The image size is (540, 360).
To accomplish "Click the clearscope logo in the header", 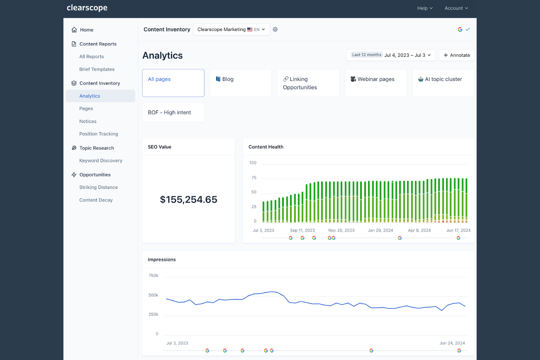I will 87,8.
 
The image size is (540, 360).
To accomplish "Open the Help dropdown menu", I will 425,8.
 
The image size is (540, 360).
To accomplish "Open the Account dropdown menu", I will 456,8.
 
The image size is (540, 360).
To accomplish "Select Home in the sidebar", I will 86,30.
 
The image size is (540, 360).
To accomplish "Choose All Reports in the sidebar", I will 92,57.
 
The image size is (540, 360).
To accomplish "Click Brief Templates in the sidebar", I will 97,69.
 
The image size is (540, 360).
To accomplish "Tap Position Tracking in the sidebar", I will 99,134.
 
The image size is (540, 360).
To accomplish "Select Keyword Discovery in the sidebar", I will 101,160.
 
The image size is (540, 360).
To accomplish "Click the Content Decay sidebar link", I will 96,200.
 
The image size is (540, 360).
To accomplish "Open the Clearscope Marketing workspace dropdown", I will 231,30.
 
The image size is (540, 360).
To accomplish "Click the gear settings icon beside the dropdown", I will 275,30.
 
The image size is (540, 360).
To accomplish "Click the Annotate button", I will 456,55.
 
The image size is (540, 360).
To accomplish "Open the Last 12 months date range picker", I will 391,55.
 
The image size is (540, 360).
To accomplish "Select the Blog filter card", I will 240,83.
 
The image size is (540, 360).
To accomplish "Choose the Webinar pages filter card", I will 375,83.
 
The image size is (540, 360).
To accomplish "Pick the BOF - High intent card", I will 173,112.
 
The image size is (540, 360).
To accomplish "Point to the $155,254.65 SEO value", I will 188,200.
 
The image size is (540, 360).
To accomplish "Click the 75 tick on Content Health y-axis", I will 254,178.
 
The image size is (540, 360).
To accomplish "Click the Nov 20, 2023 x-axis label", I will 341,231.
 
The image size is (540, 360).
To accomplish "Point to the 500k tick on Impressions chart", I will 153,295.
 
